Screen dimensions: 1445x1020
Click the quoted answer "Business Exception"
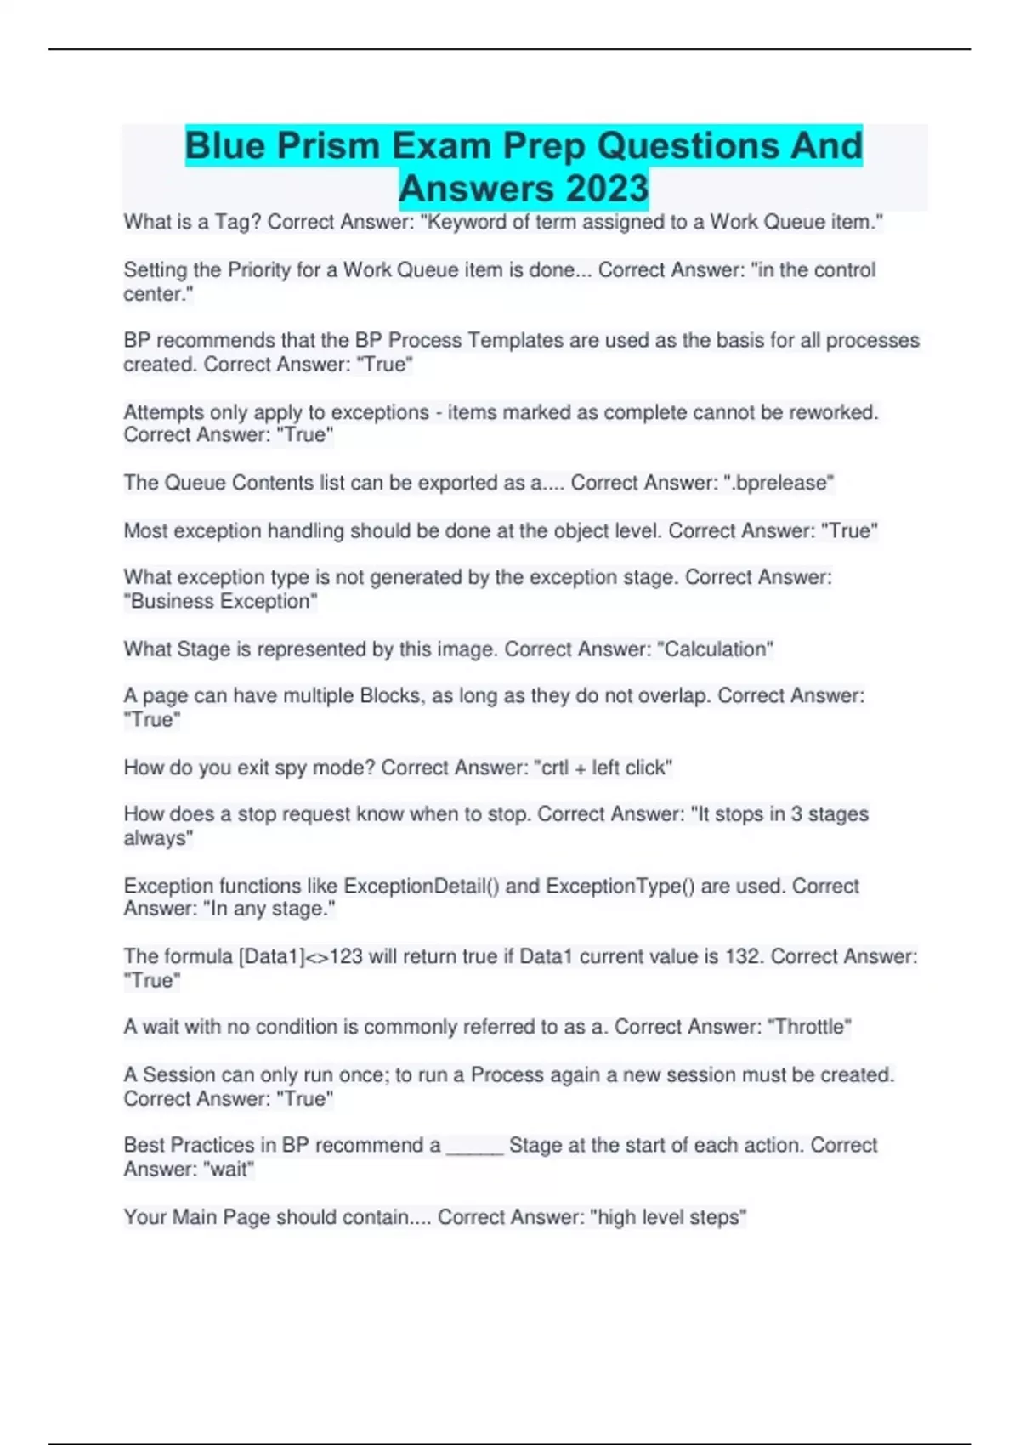click(221, 601)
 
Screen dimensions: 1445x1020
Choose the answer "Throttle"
click(809, 1027)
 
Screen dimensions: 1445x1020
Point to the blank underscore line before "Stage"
click(474, 1147)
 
